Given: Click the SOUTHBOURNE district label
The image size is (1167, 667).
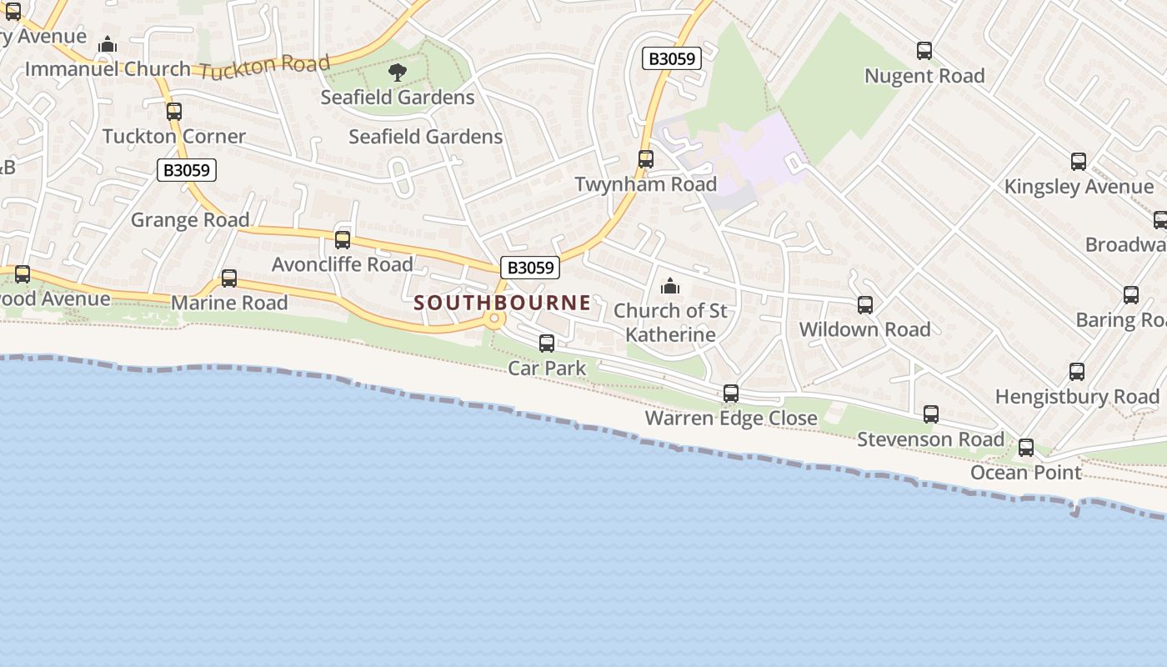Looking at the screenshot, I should click(x=502, y=303).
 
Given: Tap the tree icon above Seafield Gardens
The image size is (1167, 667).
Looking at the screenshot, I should click(x=398, y=73).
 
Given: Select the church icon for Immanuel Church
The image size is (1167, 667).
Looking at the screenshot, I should click(x=108, y=45).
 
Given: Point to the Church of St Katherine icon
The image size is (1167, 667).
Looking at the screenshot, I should click(x=670, y=287).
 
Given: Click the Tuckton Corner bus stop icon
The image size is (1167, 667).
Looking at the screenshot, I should click(x=174, y=112).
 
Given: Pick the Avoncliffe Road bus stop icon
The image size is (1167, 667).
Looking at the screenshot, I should click(x=343, y=240).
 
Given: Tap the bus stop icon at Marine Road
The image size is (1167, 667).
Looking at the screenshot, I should click(x=229, y=278).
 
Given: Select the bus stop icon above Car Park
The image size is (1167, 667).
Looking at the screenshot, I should click(x=547, y=344).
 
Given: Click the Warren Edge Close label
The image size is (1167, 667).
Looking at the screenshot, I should click(x=731, y=418).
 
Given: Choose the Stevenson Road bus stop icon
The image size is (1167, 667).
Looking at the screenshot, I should click(x=931, y=414).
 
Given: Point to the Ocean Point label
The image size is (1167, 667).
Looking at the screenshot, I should click(x=1026, y=473).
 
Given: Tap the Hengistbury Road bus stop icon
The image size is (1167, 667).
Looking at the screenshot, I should click(x=1077, y=372).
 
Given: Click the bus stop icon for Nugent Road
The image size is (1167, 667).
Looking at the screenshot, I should click(x=924, y=51).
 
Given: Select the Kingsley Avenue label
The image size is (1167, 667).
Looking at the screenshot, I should click(x=1079, y=186).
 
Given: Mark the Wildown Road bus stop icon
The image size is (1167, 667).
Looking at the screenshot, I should click(x=865, y=305).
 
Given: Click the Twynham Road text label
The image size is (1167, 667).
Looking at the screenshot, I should click(x=646, y=184).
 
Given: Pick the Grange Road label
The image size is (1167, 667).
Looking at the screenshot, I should click(x=190, y=220).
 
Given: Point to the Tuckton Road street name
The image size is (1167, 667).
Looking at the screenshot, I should click(x=266, y=67).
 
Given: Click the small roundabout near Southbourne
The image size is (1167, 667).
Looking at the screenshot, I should click(x=494, y=318).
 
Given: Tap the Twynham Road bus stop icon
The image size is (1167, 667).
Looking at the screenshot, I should click(x=646, y=159).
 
